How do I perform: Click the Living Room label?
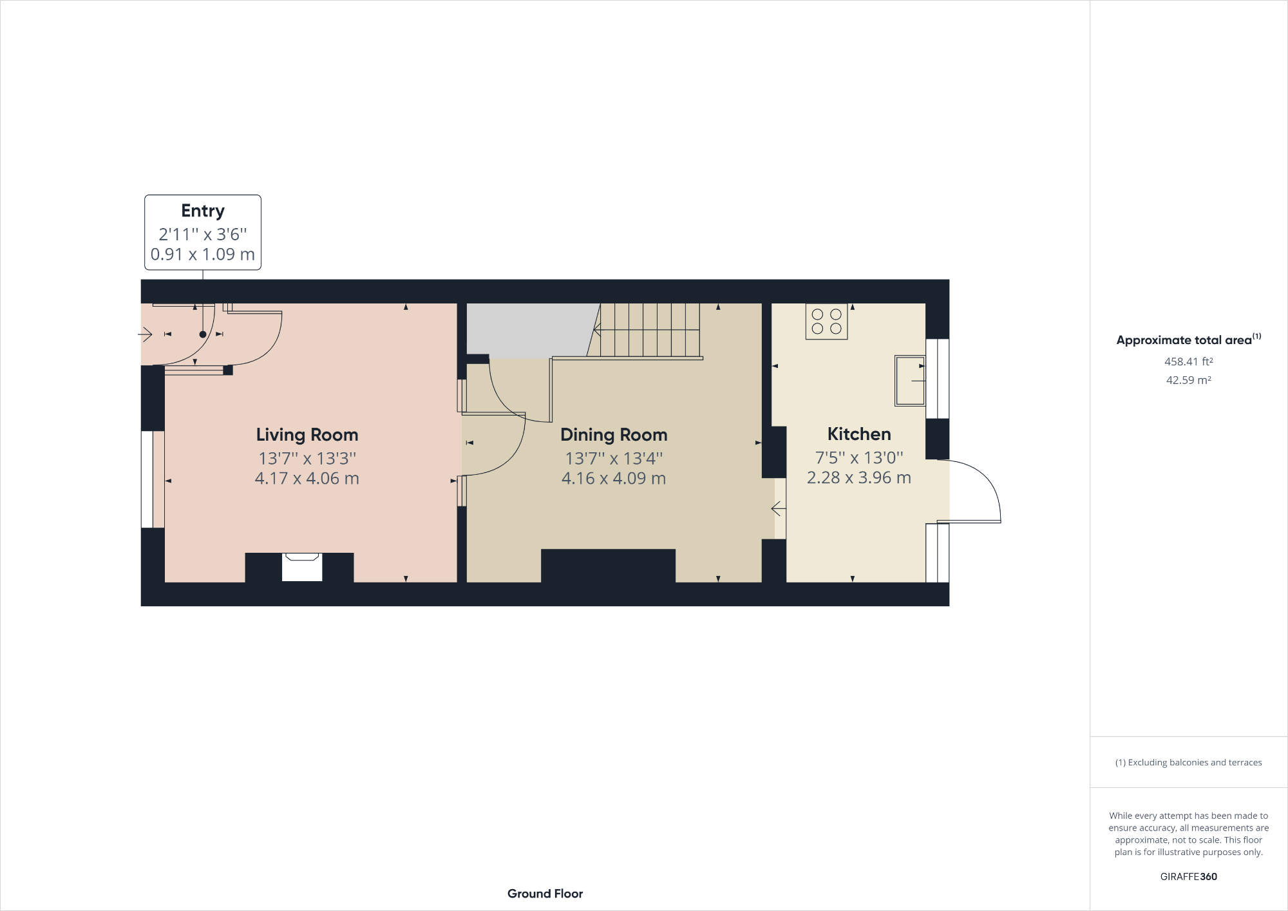pyautogui.click(x=307, y=435)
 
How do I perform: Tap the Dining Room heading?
pyautogui.click(x=614, y=435)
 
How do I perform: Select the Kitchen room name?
pyautogui.click(x=859, y=434)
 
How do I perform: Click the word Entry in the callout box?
pyautogui.click(x=203, y=211)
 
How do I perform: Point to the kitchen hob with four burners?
pyautogui.click(x=826, y=321)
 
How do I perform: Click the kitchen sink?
pyautogui.click(x=910, y=381)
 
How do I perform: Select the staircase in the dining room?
pyautogui.click(x=647, y=330)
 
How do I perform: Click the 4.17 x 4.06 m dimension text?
pyautogui.click(x=307, y=479)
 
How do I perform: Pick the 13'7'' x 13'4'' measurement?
pyautogui.click(x=614, y=459)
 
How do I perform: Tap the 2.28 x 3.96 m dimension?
pyautogui.click(x=859, y=478)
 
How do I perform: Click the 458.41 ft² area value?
pyautogui.click(x=1188, y=362)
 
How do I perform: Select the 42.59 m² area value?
pyautogui.click(x=1188, y=380)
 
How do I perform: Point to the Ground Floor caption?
pyautogui.click(x=545, y=894)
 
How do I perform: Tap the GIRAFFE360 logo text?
pyautogui.click(x=1188, y=876)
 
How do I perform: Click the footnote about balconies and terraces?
pyautogui.click(x=1188, y=762)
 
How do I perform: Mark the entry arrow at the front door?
pyautogui.click(x=145, y=334)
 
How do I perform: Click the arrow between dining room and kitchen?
pyautogui.click(x=779, y=509)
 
